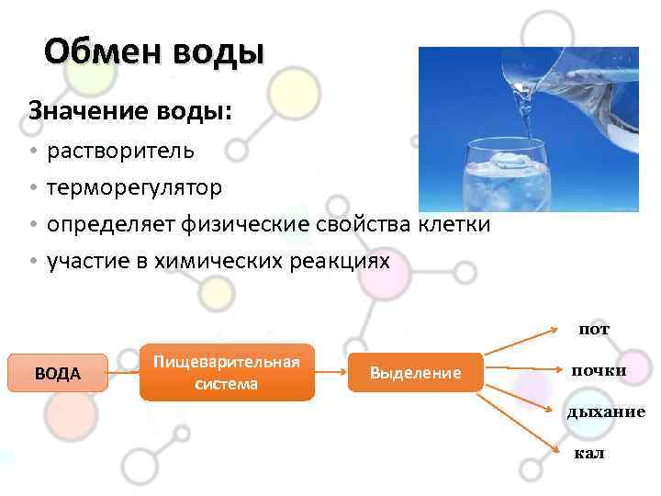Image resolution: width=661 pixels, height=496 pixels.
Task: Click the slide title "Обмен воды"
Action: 153,52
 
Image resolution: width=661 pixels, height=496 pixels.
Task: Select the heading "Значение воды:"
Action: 130,111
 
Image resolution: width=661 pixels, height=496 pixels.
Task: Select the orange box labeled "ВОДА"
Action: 57,373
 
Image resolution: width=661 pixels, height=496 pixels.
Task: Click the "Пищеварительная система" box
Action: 227,372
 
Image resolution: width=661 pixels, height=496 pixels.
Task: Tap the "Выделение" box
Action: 414,372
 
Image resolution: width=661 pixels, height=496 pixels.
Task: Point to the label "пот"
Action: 593,329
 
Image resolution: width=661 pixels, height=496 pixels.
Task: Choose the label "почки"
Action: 599,370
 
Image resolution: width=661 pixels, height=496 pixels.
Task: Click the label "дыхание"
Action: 606,411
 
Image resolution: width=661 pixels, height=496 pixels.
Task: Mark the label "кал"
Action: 589,453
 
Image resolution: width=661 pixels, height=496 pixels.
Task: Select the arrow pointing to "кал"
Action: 523,419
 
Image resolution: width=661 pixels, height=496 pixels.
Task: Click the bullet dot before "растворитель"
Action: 32,151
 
